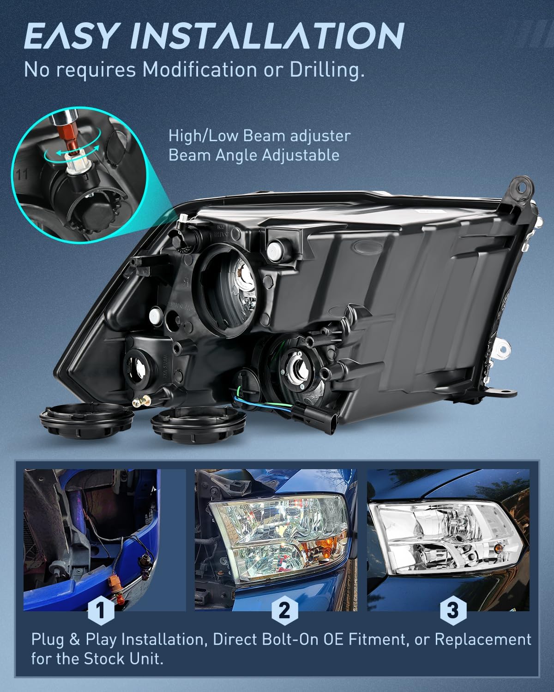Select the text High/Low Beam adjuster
click(x=259, y=136)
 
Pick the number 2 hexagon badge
click(x=284, y=611)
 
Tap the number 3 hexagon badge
click(x=453, y=611)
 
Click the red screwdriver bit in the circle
click(x=67, y=141)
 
